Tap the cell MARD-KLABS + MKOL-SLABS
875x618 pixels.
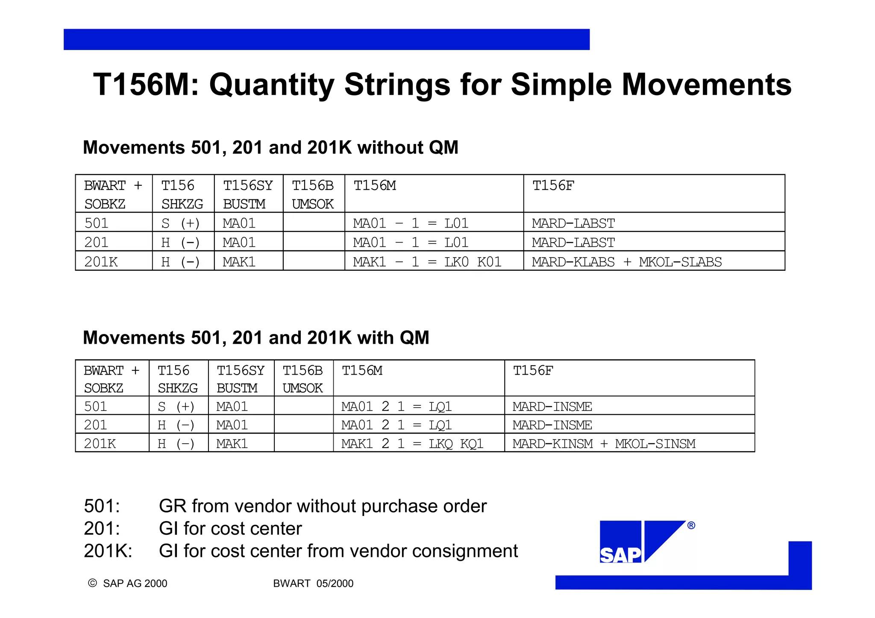[626, 262]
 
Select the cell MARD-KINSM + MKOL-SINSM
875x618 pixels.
[604, 444]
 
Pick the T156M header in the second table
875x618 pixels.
[362, 370]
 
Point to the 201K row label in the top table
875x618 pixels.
[101, 262]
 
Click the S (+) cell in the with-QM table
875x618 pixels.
[176, 406]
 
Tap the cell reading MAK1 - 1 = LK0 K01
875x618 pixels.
[427, 262]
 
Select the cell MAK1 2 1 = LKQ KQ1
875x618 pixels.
[412, 444]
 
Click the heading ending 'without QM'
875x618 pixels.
[270, 147]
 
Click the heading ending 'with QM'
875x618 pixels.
[255, 337]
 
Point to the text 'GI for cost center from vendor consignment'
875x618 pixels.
[338, 551]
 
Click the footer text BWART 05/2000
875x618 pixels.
[313, 583]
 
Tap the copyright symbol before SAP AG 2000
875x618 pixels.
[92, 583]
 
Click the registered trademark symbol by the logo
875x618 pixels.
[691, 525]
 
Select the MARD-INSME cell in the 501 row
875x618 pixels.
[552, 406]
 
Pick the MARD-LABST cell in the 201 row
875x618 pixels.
[573, 243]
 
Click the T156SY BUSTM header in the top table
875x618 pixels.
[247, 194]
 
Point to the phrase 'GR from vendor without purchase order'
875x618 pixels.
[323, 506]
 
